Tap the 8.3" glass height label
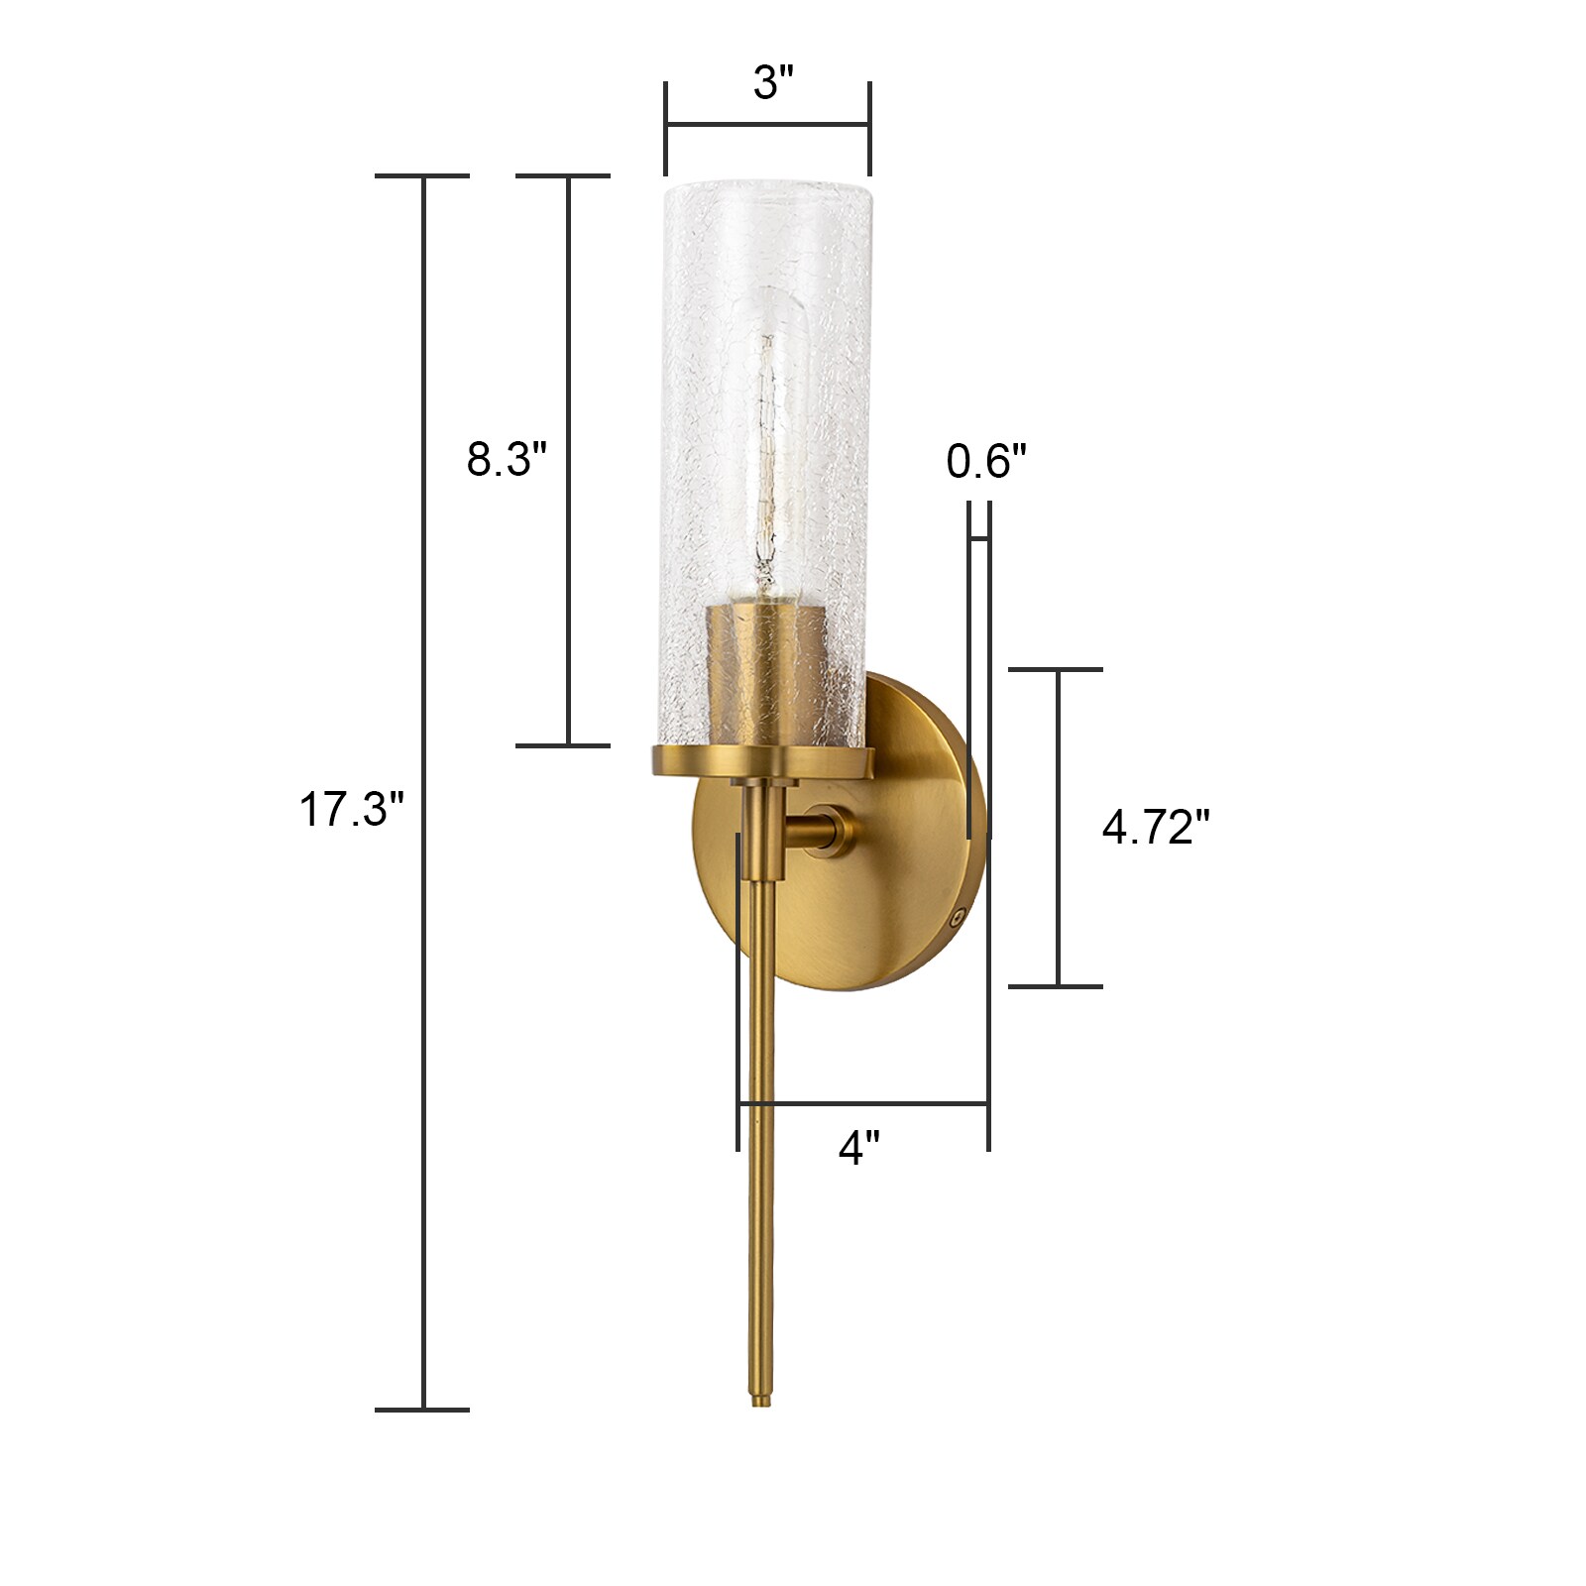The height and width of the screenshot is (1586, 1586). (x=507, y=460)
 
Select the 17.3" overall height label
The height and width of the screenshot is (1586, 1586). (x=352, y=810)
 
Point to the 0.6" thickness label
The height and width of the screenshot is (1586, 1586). (x=986, y=462)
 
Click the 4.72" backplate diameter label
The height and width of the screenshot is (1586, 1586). (x=1156, y=827)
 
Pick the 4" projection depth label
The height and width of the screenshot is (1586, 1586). (x=859, y=1148)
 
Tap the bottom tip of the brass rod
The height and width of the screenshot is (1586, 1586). (x=760, y=1403)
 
